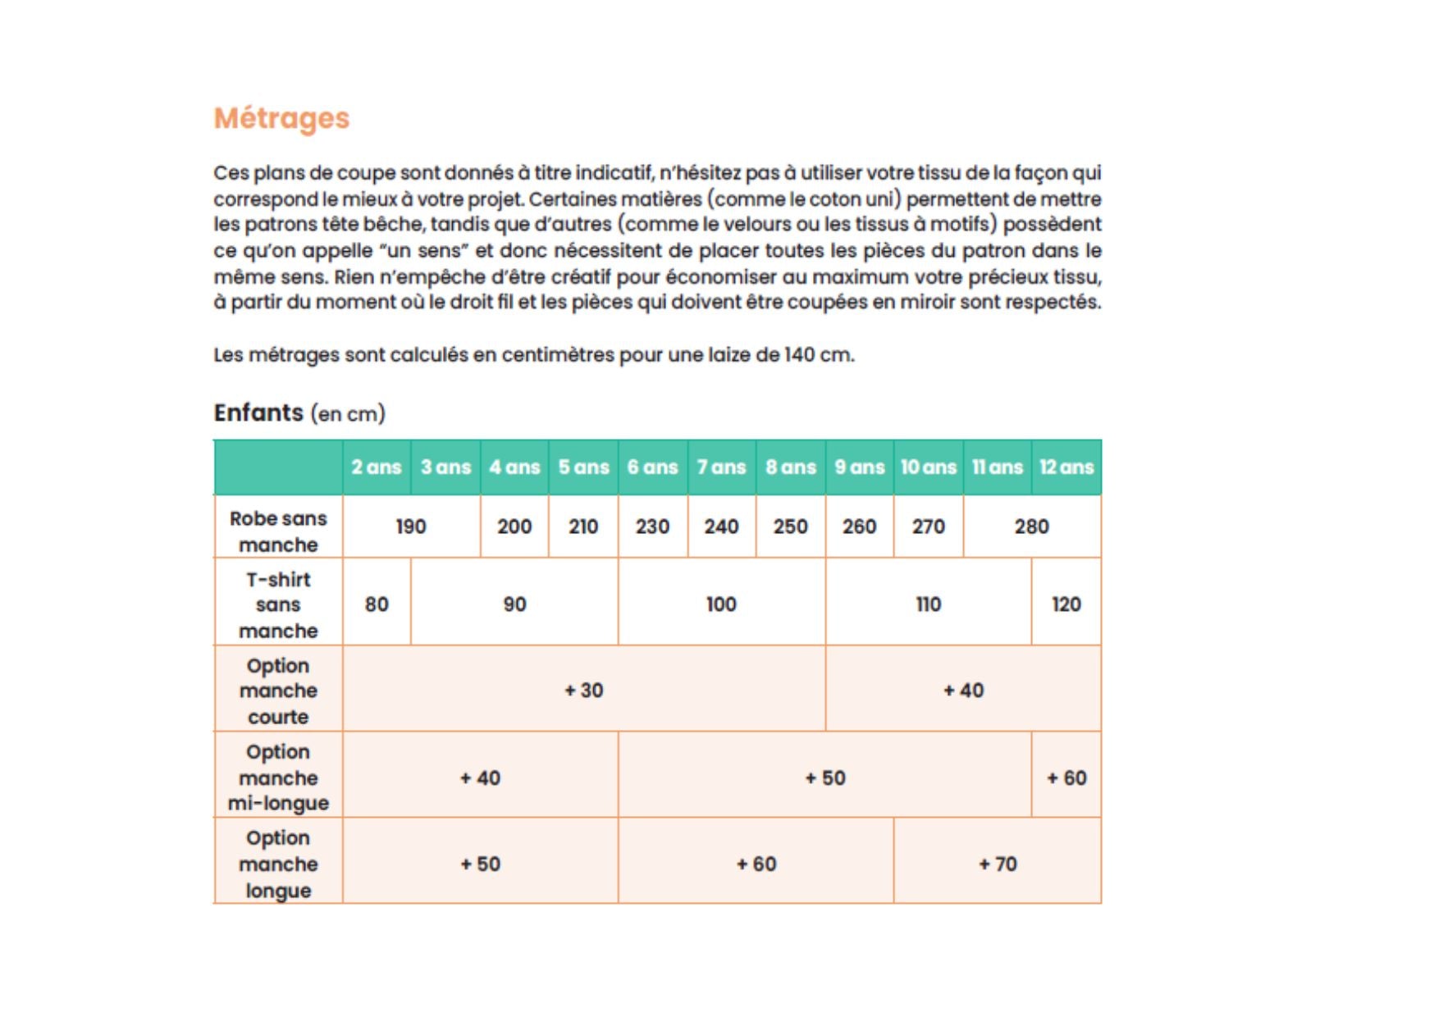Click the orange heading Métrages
[x=281, y=118]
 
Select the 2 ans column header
[x=376, y=467]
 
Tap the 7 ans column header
[x=721, y=467]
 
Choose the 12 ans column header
[x=1066, y=467]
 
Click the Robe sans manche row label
[x=278, y=531]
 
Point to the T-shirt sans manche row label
[x=278, y=604]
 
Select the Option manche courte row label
[x=278, y=691]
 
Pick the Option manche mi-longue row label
[x=278, y=777]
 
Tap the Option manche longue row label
[x=278, y=864]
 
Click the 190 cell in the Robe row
[x=410, y=527]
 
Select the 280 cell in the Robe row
[x=1031, y=527]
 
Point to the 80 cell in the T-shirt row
[x=377, y=604]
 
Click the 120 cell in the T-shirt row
[x=1066, y=604]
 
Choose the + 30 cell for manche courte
[x=583, y=691]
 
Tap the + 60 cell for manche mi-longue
[x=1066, y=778]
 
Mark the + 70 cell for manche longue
[x=998, y=864]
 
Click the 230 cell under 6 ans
[x=652, y=527]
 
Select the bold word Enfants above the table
[x=258, y=413]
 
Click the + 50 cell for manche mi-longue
[x=824, y=778]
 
